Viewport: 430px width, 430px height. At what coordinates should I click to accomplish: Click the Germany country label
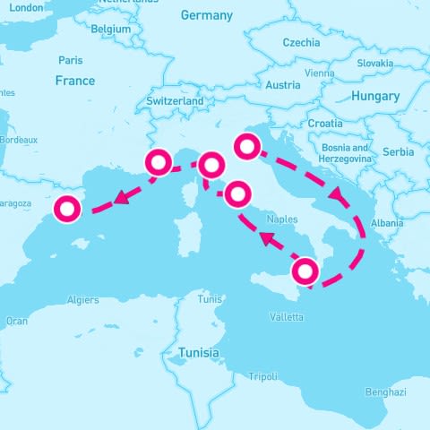coord(206,15)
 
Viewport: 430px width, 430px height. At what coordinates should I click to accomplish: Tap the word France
coord(74,81)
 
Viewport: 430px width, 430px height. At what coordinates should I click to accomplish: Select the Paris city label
coord(70,61)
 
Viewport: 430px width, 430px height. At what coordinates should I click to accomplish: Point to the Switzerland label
coord(175,102)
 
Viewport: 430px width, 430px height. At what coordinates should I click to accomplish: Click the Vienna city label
coord(320,73)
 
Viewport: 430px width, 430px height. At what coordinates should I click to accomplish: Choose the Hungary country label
coord(375,96)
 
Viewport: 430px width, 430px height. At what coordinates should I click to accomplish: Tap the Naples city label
coord(282,219)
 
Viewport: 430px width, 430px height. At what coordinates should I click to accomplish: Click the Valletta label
coord(287,317)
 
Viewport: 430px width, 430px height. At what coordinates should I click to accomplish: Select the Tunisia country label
coord(198,353)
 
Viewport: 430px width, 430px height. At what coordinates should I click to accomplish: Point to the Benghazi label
coord(386,392)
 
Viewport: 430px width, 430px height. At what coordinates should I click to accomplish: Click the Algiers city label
coord(82,300)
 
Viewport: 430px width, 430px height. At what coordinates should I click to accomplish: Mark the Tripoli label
coord(262,376)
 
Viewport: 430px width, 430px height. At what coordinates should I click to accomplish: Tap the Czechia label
coord(301,42)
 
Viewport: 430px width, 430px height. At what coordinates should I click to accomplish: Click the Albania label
coord(387,222)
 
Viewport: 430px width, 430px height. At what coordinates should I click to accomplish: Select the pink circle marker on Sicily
coord(305,270)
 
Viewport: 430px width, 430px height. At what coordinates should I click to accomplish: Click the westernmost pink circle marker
coord(67,209)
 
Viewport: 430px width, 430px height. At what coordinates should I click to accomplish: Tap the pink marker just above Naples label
coord(238,193)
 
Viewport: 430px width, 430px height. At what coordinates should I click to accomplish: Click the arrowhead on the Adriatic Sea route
coord(337,193)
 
